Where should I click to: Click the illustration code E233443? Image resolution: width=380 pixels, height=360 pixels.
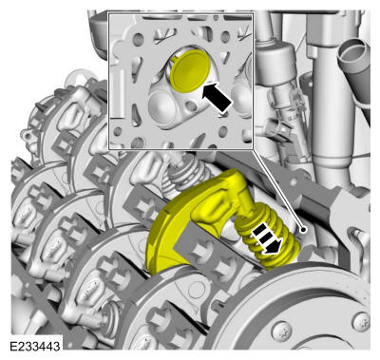pos(35,346)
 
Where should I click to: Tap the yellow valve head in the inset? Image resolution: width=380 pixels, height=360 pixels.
pos(190,70)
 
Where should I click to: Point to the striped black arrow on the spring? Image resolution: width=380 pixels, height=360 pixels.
pos(267,237)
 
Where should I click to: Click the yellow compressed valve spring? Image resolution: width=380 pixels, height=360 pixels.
pos(269,235)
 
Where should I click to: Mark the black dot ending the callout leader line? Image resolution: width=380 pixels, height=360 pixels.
pos(303,229)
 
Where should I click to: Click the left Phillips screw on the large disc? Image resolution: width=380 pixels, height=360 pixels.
pos(281,331)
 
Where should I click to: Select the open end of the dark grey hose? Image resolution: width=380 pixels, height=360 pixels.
pos(352,50)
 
